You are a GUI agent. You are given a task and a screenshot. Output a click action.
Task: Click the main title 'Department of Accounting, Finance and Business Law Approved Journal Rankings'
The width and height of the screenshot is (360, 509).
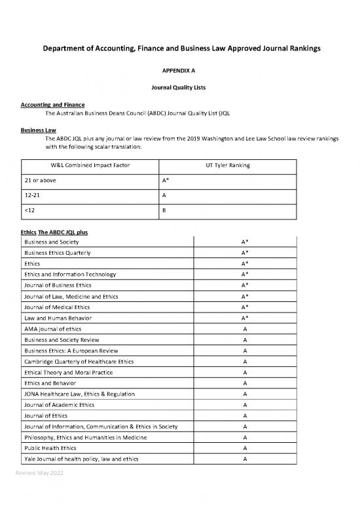point(179,49)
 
